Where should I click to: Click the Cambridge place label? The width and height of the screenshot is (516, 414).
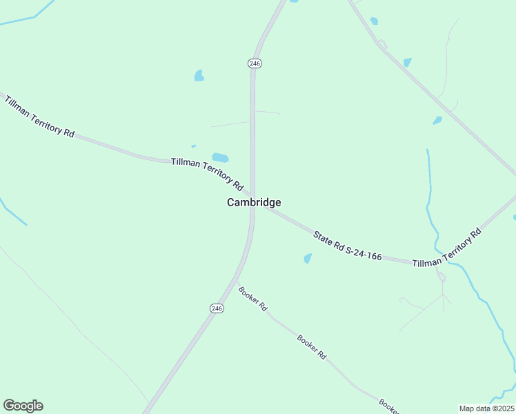click(x=254, y=202)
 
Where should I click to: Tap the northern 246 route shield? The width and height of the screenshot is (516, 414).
click(x=255, y=63)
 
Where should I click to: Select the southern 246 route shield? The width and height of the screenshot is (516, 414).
click(x=217, y=308)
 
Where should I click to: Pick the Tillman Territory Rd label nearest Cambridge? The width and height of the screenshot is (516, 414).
click(x=208, y=174)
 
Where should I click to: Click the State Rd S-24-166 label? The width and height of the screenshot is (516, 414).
click(x=347, y=246)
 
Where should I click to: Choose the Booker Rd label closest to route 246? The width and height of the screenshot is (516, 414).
click(x=252, y=298)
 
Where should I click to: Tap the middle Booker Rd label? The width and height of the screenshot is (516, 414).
click(x=311, y=346)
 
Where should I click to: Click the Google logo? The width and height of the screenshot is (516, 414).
click(x=23, y=406)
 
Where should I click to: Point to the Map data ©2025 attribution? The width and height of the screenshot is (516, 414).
click(x=486, y=408)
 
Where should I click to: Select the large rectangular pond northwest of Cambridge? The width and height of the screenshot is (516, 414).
click(x=220, y=157)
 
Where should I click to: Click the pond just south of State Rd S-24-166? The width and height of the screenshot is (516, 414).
click(x=308, y=258)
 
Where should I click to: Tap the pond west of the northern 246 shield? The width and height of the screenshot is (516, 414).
click(x=199, y=75)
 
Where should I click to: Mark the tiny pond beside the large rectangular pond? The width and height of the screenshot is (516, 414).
click(x=194, y=146)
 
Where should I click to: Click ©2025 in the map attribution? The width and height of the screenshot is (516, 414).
click(x=502, y=408)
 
